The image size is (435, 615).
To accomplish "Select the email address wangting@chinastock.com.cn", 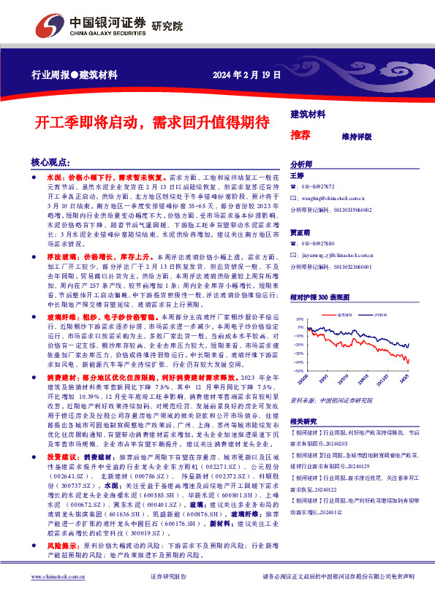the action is tap(333, 197).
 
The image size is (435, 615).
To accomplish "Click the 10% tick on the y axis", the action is tap(298, 320).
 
